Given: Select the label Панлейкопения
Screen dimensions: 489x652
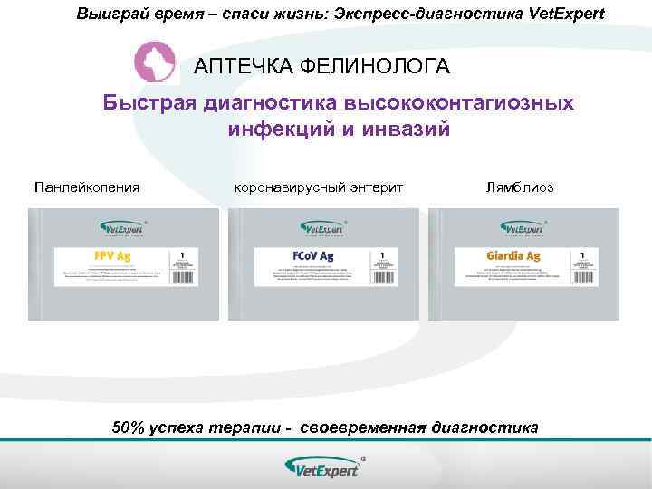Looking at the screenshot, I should pyautogui.click(x=87, y=187).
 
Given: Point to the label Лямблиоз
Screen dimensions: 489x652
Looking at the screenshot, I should pyautogui.click(x=520, y=187).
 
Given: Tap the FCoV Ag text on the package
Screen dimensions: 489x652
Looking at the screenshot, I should pyautogui.click(x=313, y=256).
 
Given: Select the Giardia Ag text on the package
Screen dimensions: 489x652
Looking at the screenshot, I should pyautogui.click(x=513, y=256).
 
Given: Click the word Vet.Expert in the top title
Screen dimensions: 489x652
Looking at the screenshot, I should pyautogui.click(x=567, y=14).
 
